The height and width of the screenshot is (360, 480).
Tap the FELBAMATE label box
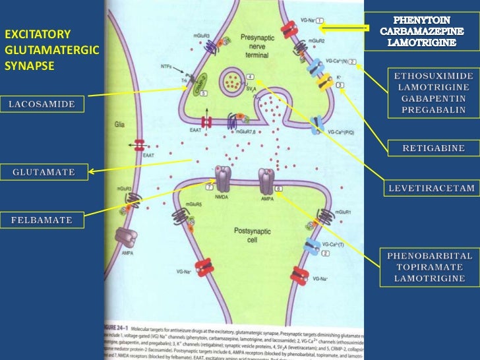point(42,218)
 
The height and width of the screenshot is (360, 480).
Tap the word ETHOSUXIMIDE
point(433,76)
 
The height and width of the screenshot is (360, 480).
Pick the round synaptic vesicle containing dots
point(232,81)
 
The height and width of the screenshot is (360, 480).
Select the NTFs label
point(167,66)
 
